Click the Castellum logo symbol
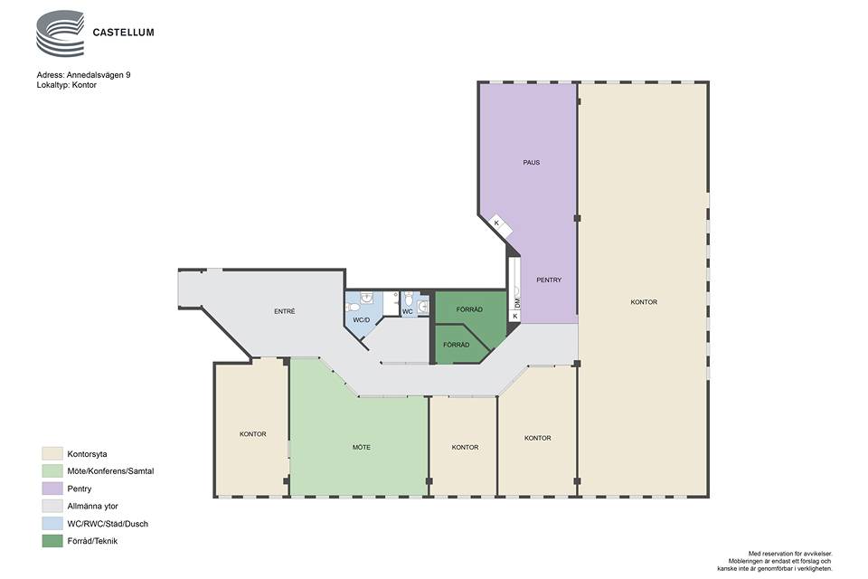(x=60, y=33)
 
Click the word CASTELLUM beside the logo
(x=124, y=33)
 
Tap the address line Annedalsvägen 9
(x=83, y=75)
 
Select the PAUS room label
(x=532, y=162)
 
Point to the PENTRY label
(x=549, y=280)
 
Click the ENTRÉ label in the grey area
(x=285, y=311)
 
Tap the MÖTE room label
(x=362, y=447)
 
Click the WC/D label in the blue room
(x=362, y=320)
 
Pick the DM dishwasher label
(x=517, y=302)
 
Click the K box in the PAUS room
(x=496, y=223)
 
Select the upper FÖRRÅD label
(x=469, y=309)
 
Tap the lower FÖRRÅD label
(x=456, y=345)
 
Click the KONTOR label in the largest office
(x=644, y=302)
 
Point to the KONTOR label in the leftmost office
(x=253, y=434)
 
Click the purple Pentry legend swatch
(x=52, y=489)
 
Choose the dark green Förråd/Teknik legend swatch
(x=52, y=541)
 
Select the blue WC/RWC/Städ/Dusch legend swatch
(x=52, y=523)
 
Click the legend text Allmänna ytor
(x=92, y=506)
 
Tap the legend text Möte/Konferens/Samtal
(x=110, y=471)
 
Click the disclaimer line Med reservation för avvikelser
(x=790, y=554)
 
